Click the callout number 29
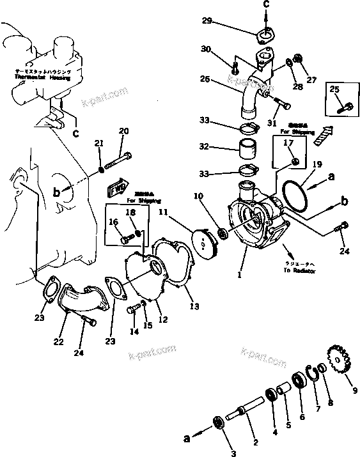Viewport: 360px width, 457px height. (x=206, y=20)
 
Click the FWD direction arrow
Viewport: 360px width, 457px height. (x=117, y=190)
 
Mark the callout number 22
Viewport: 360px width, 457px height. (x=59, y=342)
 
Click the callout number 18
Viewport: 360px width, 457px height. (x=130, y=212)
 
